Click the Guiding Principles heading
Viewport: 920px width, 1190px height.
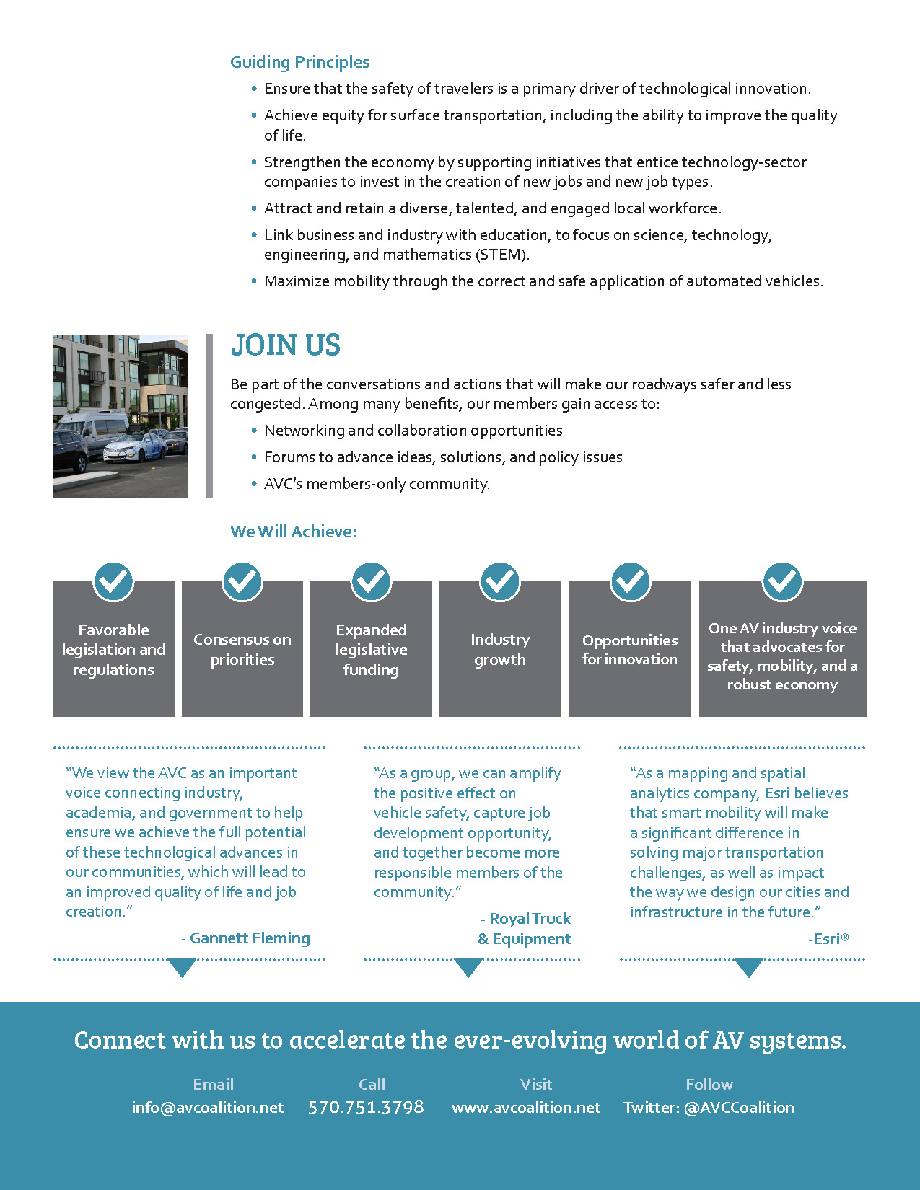pyautogui.click(x=299, y=63)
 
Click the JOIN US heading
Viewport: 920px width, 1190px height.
pyautogui.click(x=286, y=345)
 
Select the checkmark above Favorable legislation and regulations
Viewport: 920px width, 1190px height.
pyautogui.click(x=113, y=581)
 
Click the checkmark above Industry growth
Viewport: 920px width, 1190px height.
pyautogui.click(x=500, y=581)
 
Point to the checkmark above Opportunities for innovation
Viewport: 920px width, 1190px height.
pyautogui.click(x=630, y=581)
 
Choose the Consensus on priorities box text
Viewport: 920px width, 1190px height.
pyautogui.click(x=242, y=650)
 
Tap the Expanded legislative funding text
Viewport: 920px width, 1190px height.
pyautogui.click(x=371, y=650)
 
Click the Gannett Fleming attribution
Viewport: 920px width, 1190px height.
pyautogui.click(x=245, y=938)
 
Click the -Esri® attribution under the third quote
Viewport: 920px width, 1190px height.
pyautogui.click(x=828, y=938)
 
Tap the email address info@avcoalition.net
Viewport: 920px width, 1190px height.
pyautogui.click(x=208, y=1107)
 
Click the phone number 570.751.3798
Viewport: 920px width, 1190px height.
pyautogui.click(x=366, y=1107)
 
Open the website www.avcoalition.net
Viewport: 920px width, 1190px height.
pyautogui.click(x=526, y=1107)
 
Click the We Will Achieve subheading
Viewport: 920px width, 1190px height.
pyautogui.click(x=293, y=532)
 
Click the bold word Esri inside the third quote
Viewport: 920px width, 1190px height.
pyautogui.click(x=777, y=793)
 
